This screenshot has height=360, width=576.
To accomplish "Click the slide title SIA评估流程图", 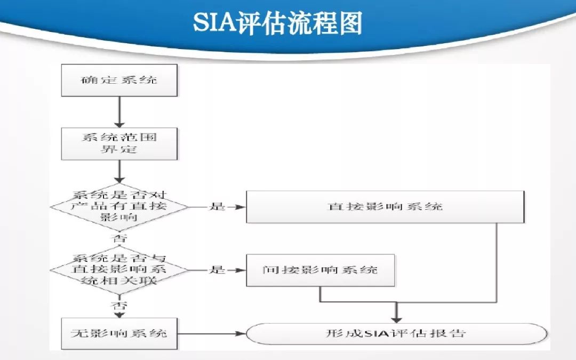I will [x=277, y=24].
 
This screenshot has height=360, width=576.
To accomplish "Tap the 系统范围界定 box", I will [x=119, y=143].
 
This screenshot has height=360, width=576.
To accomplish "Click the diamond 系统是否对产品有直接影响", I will [x=119, y=206].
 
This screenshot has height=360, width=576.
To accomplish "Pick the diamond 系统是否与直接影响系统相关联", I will [x=119, y=269].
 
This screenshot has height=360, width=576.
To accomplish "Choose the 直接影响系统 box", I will [x=385, y=206].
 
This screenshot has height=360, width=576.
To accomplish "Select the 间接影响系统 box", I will [x=320, y=270].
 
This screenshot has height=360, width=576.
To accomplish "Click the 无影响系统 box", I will [x=119, y=333].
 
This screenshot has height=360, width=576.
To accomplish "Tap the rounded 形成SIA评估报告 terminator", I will [x=396, y=334].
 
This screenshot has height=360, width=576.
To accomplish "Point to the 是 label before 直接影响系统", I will [x=217, y=206].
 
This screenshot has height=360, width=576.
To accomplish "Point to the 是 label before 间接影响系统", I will [x=217, y=269].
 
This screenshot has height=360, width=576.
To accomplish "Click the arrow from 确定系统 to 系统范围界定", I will [x=119, y=112].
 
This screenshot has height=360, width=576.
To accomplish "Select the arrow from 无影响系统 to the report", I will [x=211, y=334].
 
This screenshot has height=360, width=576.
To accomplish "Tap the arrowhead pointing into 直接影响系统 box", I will [x=241, y=206].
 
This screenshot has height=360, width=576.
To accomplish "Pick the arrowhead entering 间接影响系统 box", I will [x=241, y=270].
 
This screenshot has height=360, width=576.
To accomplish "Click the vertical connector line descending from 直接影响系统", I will [x=497, y=261].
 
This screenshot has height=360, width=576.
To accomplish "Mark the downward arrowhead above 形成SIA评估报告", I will [x=396, y=318].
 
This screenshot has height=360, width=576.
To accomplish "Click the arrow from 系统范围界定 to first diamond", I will [x=119, y=172].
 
